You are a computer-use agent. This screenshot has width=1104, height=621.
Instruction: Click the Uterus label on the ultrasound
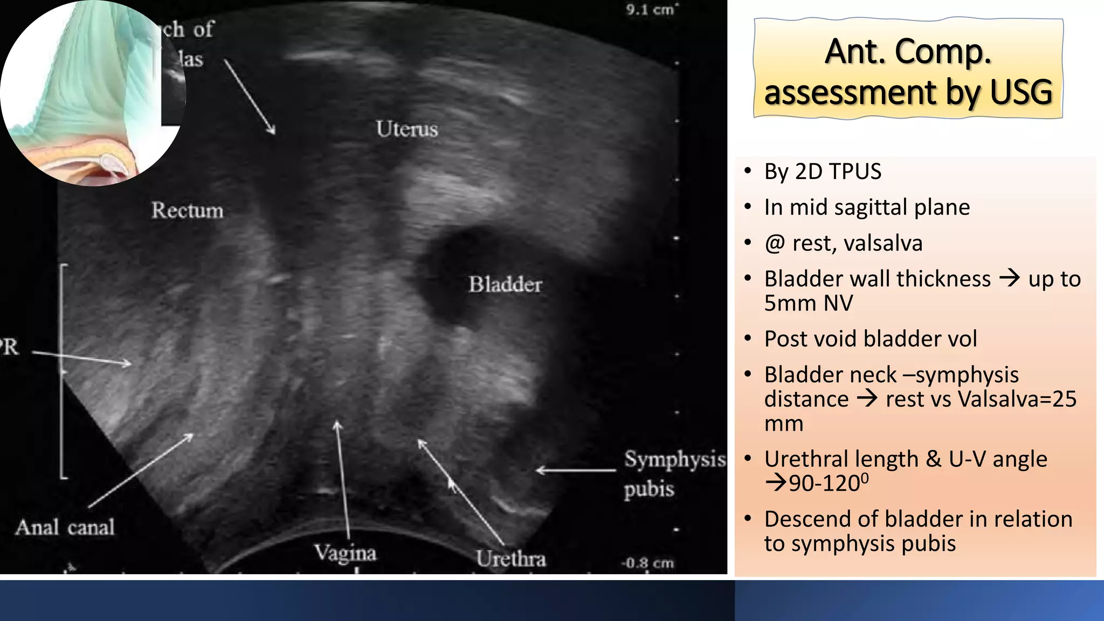pyautogui.click(x=407, y=129)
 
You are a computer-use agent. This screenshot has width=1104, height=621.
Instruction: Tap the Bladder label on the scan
pyautogui.click(x=505, y=285)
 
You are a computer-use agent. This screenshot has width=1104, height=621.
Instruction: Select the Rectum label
pyautogui.click(x=187, y=210)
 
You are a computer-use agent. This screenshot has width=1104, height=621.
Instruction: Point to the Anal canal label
pyautogui.click(x=65, y=527)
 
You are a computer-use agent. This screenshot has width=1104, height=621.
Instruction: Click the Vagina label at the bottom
pyautogui.click(x=345, y=553)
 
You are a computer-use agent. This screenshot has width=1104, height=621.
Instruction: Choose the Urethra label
pyautogui.click(x=510, y=559)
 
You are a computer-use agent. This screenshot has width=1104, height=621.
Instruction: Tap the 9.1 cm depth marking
pyautogui.click(x=650, y=10)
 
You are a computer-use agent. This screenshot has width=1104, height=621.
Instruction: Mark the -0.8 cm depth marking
pyautogui.click(x=647, y=563)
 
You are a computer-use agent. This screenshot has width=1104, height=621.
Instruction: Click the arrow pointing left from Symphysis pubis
pyautogui.click(x=576, y=471)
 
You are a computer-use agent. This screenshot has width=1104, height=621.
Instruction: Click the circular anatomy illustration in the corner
pyautogui.click(x=92, y=93)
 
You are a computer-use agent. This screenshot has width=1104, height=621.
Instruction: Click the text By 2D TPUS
pyautogui.click(x=823, y=171)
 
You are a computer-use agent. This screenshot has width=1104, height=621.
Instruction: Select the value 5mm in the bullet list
pyautogui.click(x=790, y=303)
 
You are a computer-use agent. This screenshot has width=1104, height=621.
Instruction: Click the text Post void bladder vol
pyautogui.click(x=870, y=339)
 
